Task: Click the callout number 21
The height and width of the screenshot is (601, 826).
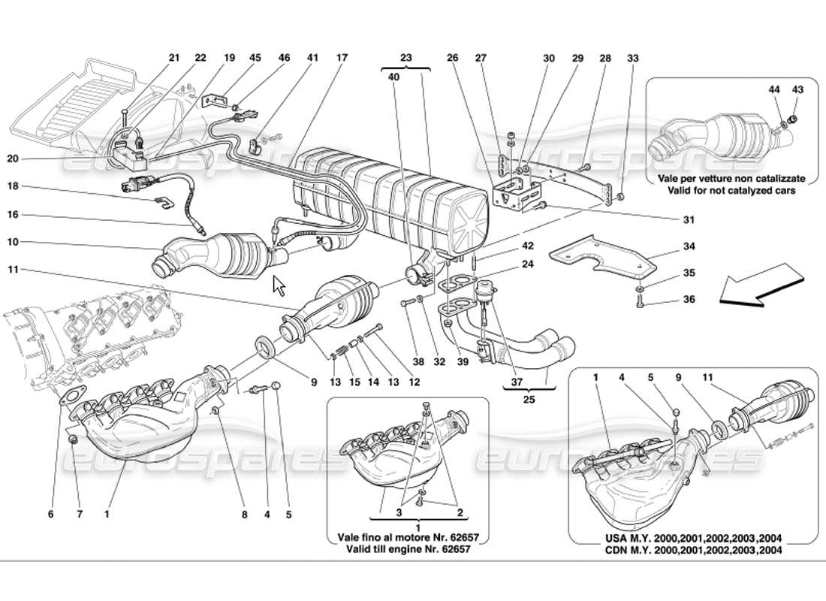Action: coord(174,58)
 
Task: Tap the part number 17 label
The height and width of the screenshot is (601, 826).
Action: coord(342,58)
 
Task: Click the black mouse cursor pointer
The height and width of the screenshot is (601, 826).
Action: coord(279,286)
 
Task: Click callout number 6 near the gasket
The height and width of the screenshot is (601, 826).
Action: coord(50,515)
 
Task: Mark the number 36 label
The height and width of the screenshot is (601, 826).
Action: coord(689,300)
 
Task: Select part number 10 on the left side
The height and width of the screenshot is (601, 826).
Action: coord(35,242)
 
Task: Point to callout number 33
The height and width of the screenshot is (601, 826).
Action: coord(632,58)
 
